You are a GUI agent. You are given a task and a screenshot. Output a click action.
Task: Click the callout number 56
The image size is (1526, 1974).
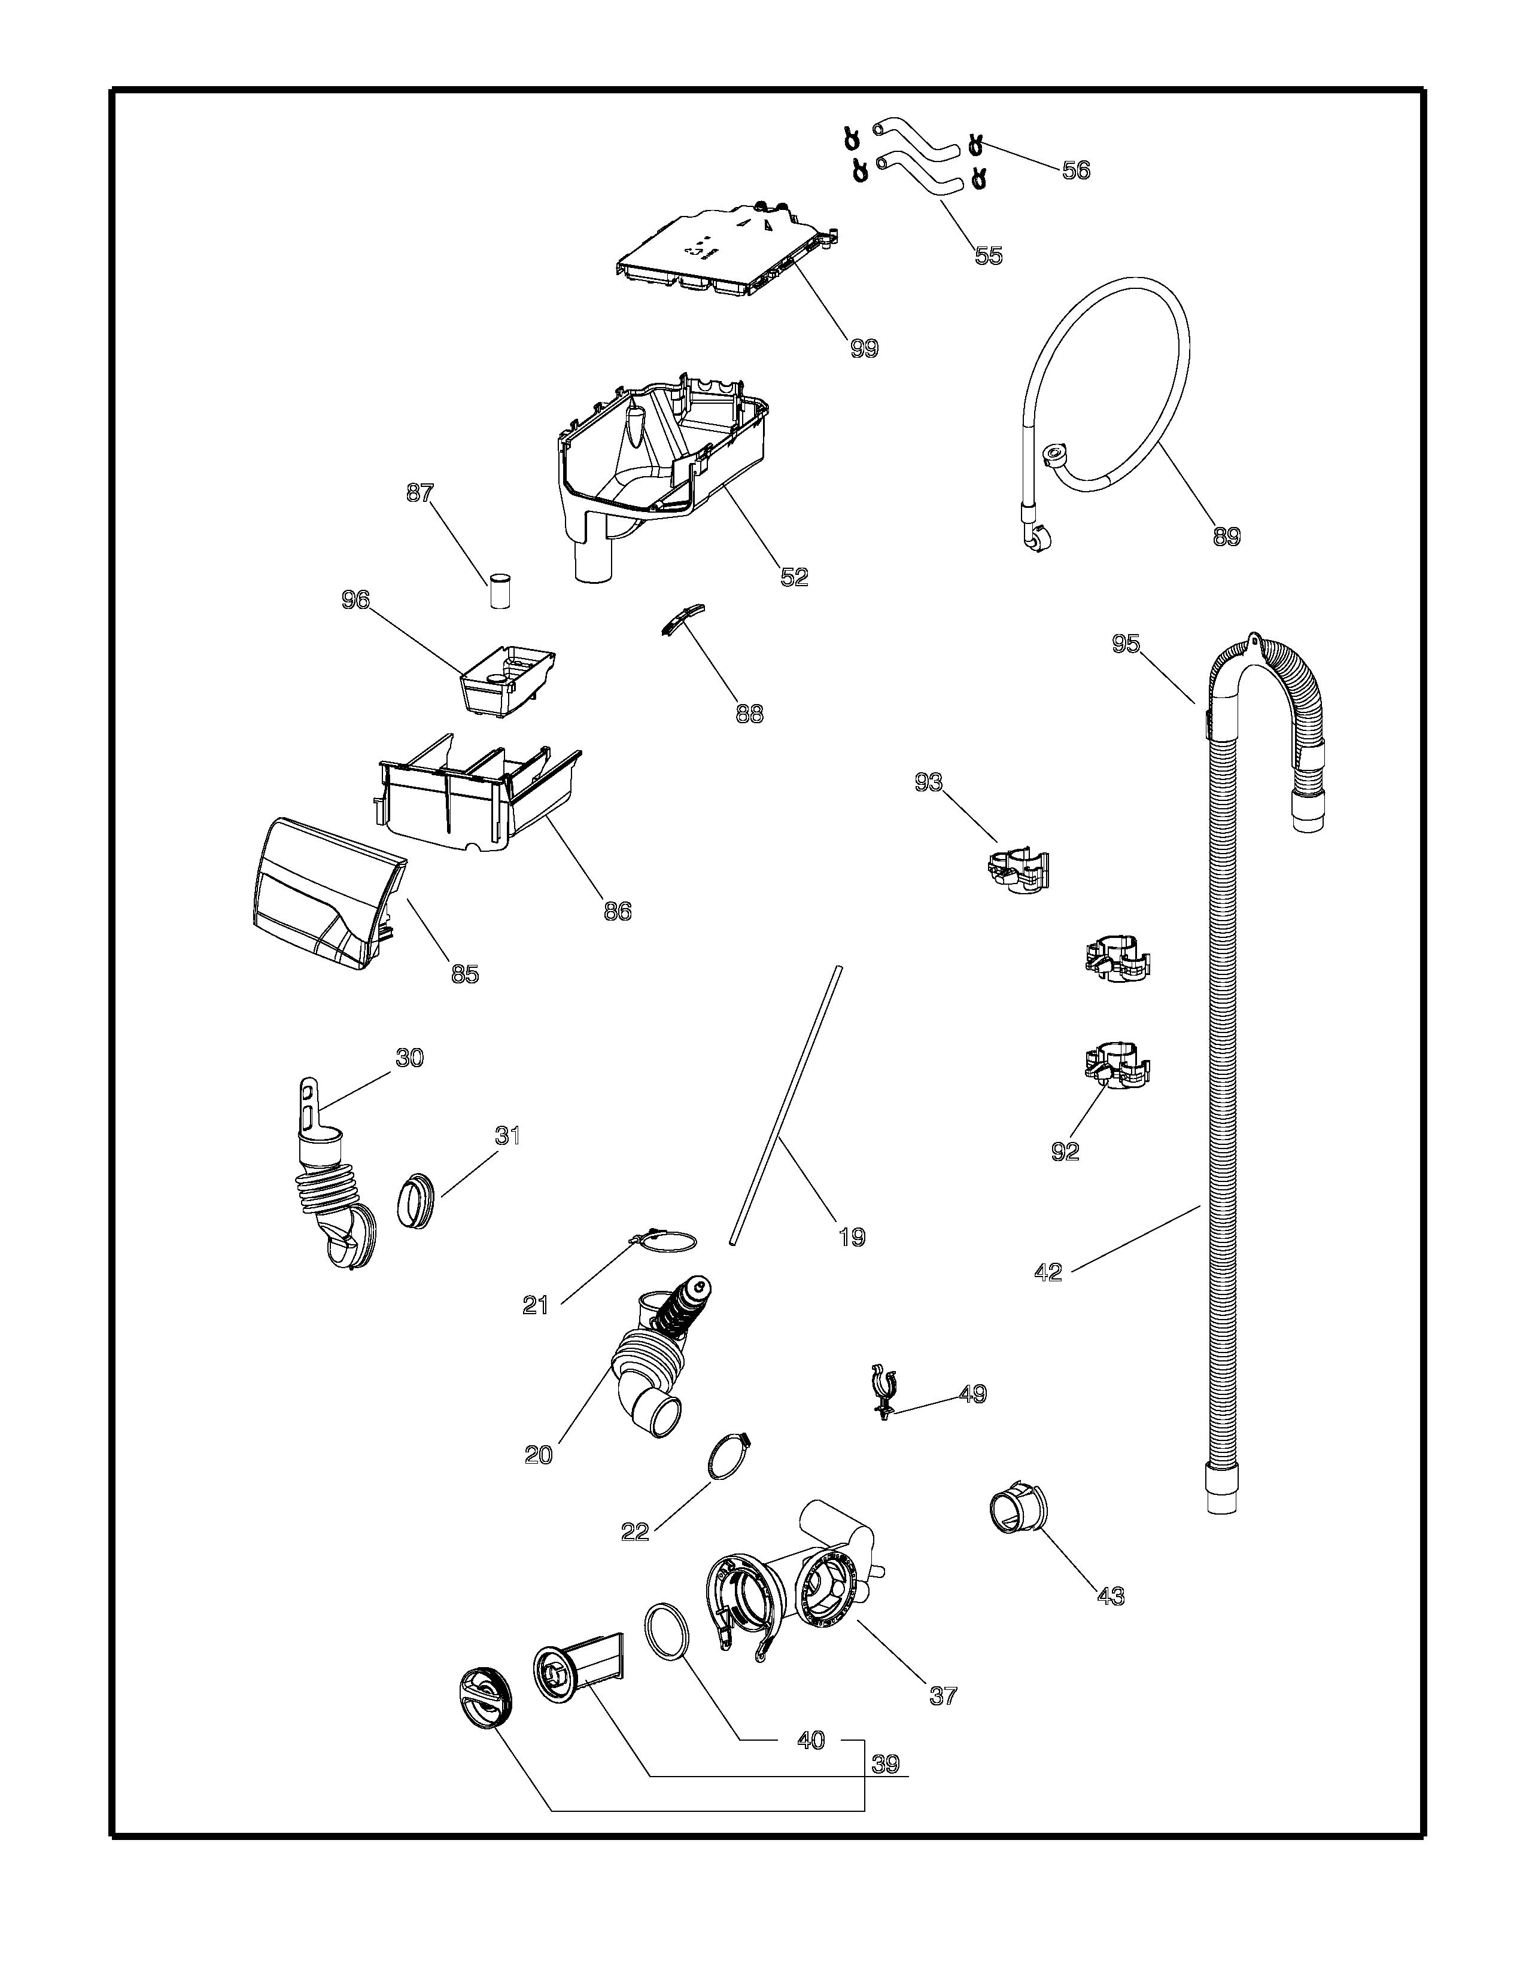click(1076, 170)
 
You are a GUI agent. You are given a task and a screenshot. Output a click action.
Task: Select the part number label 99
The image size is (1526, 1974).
click(864, 349)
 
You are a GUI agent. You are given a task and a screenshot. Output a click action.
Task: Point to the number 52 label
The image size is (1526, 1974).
click(794, 577)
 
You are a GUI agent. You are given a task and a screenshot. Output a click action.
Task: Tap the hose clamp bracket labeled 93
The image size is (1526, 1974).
click(1017, 870)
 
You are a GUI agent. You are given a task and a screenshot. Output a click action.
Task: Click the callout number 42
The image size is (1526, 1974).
click(1048, 1272)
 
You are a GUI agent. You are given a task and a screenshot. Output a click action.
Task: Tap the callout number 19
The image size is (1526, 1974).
click(852, 1236)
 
